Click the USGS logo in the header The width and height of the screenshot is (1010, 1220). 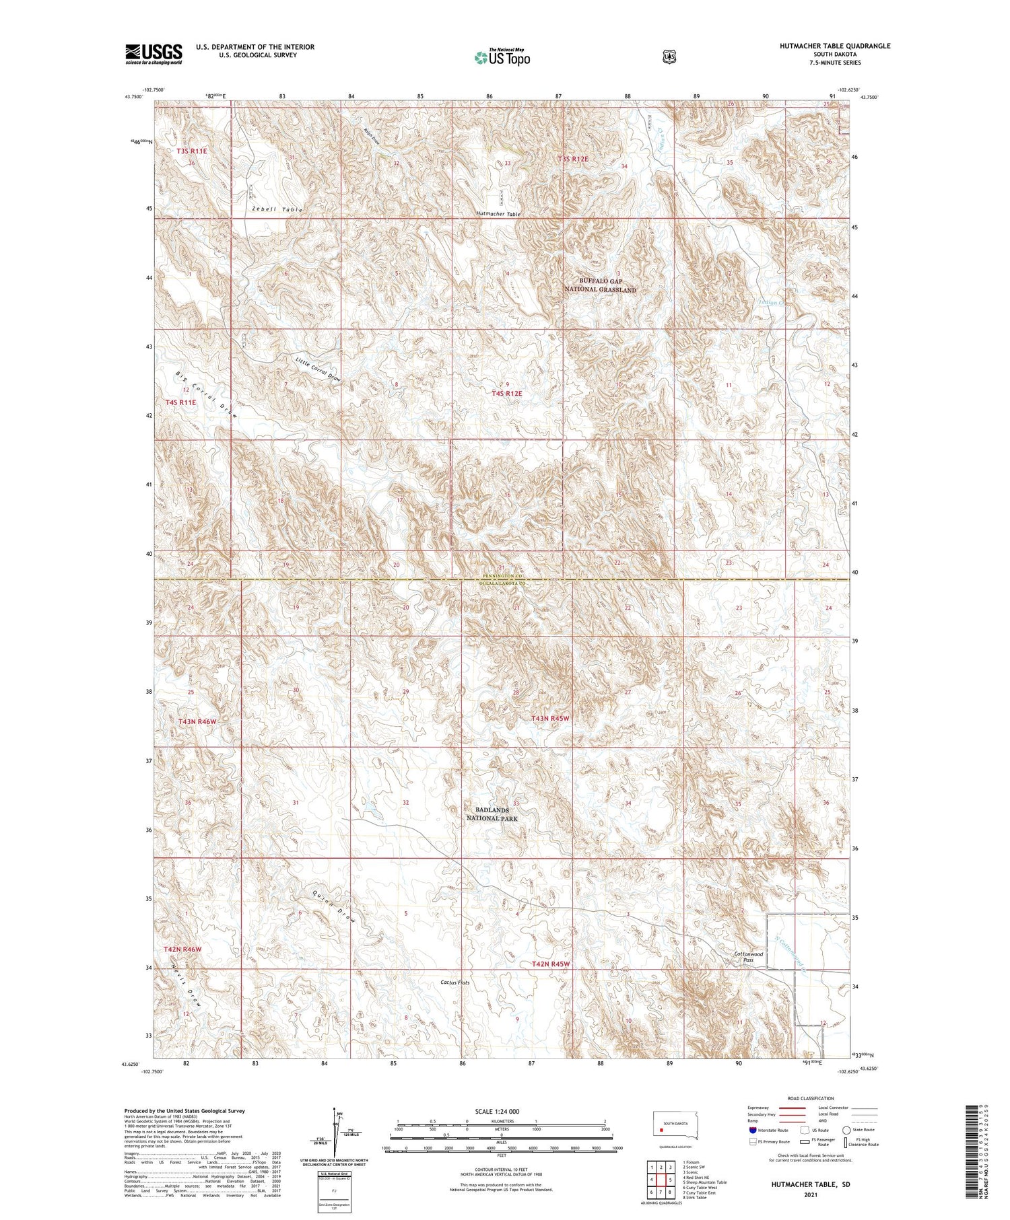coord(154,54)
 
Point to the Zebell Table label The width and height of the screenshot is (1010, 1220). coord(277,209)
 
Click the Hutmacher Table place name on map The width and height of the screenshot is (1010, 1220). coord(498,213)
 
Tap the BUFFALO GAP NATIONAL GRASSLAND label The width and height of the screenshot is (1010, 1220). coord(600,285)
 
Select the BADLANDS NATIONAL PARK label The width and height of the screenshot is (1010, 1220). coord(492,814)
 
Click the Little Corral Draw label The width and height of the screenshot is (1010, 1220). coord(318,369)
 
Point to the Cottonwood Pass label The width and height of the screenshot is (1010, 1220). coord(748,957)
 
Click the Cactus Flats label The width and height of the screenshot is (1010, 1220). coord(455,982)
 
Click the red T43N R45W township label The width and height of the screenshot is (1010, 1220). coord(550,719)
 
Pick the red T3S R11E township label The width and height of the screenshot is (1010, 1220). coord(192,151)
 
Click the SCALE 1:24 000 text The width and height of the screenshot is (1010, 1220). coord(497,1111)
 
